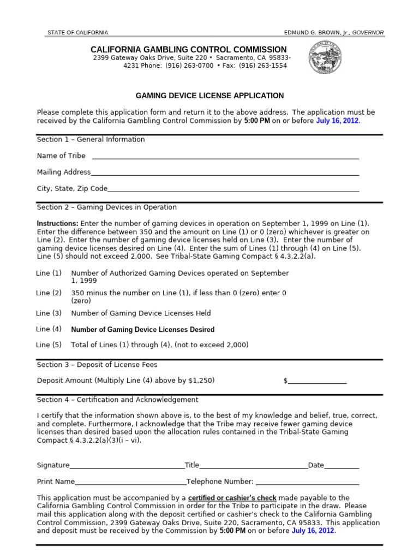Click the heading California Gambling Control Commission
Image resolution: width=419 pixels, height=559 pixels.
(188, 50)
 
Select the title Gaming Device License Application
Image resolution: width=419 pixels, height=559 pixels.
(209, 96)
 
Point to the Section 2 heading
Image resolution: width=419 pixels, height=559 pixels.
(107, 207)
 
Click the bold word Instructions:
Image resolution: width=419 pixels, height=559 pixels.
(57, 224)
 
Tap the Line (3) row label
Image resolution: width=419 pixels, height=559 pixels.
(49, 313)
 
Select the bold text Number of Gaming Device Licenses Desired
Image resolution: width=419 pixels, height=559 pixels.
(143, 330)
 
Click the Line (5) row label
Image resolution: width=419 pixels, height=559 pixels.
(49, 345)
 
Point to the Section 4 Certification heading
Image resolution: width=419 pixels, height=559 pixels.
(117, 400)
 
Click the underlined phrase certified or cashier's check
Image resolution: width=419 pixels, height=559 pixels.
(232, 498)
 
